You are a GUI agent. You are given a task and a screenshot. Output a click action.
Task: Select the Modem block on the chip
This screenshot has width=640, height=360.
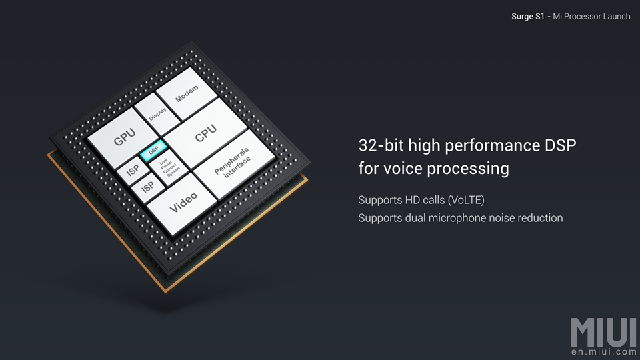(x=187, y=94)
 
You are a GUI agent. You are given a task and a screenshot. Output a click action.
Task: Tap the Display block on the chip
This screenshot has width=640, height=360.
(x=157, y=114)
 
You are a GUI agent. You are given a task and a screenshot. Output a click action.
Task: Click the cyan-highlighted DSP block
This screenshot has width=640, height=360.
(x=153, y=150)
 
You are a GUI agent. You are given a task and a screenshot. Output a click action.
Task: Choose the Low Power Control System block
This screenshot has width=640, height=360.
(x=169, y=167)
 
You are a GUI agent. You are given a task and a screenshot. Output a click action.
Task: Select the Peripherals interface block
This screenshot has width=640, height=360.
(x=233, y=164)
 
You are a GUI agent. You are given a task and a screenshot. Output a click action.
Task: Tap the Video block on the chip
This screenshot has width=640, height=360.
(x=182, y=203)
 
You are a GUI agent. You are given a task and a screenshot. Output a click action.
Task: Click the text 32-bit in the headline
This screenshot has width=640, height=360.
(x=381, y=145)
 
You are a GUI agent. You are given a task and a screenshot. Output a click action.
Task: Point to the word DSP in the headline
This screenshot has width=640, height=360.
(x=561, y=145)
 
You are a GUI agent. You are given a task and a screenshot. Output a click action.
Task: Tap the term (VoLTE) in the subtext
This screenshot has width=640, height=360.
(x=466, y=200)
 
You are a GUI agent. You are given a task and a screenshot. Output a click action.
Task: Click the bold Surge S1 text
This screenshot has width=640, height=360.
(x=528, y=16)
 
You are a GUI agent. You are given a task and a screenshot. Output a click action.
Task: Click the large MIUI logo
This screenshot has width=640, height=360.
(x=604, y=332)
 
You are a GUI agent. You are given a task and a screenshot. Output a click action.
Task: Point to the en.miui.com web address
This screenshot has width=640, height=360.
(x=604, y=352)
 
